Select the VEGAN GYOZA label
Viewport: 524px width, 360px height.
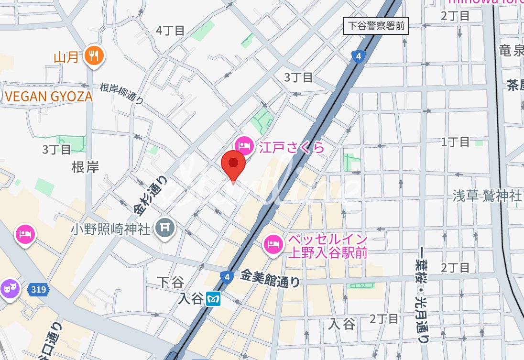point(48,96)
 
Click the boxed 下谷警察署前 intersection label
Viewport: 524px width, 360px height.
point(376,26)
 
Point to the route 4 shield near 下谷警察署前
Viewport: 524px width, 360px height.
point(359,57)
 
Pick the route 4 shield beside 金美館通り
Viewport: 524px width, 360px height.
point(227,277)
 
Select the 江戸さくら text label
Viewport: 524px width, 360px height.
point(292,147)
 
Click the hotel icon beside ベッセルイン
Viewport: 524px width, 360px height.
point(273,244)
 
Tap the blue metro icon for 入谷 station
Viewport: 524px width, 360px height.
point(213,299)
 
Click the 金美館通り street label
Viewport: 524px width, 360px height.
point(270,278)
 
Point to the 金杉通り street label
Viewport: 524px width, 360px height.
point(151,194)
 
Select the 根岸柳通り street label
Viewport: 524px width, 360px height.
point(122,93)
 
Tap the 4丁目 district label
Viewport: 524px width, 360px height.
point(170,31)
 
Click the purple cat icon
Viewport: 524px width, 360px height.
point(8,288)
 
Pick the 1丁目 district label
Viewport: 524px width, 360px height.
point(455,142)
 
